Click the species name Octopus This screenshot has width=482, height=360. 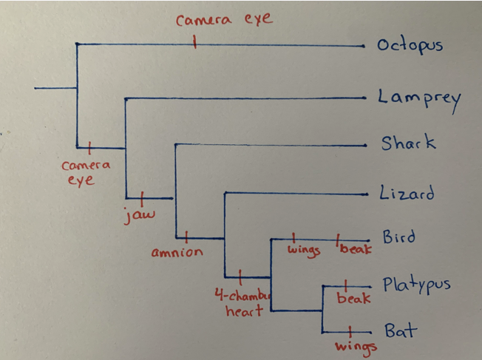point(410,45)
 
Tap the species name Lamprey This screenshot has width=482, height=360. point(418,98)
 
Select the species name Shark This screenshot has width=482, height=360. point(408,143)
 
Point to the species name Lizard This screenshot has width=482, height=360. point(407,194)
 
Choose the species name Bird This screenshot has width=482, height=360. point(398,237)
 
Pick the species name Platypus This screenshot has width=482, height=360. point(416,285)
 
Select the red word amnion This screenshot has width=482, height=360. point(177,253)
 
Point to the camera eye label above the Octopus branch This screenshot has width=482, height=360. point(224,20)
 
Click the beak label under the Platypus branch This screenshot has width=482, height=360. point(353,299)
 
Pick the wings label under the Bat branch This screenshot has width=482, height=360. point(356,346)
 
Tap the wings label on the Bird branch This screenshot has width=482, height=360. point(304,250)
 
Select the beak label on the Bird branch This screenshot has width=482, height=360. point(355,249)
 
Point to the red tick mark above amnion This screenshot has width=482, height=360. point(186,237)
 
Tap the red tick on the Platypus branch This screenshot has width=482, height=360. point(346,285)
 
